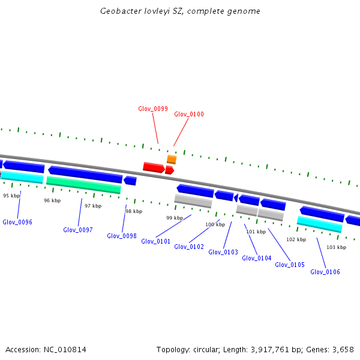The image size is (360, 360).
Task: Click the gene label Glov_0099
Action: (x=152, y=109)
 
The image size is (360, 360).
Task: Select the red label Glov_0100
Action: (x=189, y=114)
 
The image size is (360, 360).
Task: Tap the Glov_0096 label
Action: (x=17, y=222)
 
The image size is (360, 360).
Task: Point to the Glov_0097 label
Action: (x=78, y=230)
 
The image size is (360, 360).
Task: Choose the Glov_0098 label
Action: (x=122, y=236)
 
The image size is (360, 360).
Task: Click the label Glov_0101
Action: (x=156, y=241)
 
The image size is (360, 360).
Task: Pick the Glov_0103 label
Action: (x=223, y=252)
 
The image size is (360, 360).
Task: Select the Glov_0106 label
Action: (x=325, y=272)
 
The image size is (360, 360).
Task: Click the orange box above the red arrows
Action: (x=172, y=160)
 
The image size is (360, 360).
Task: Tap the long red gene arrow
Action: (x=154, y=167)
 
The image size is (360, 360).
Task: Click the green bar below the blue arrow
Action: (x=83, y=184)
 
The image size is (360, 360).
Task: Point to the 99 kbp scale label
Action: (x=175, y=218)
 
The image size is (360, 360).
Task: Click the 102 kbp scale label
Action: (x=296, y=239)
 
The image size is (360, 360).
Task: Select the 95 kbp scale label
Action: (x=11, y=196)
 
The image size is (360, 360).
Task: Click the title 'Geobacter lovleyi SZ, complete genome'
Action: (x=180, y=11)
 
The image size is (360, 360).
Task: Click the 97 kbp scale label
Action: (x=93, y=206)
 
